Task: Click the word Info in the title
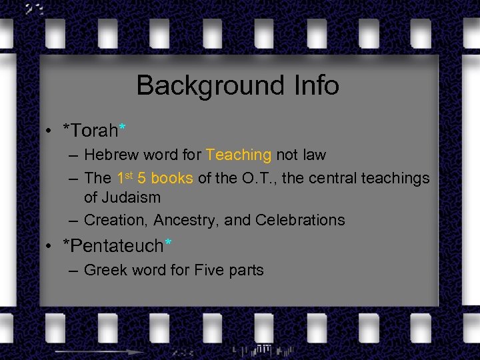pos(315,85)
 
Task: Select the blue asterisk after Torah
pos(122,124)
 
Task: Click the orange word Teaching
pos(239,155)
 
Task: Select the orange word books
pos(172,179)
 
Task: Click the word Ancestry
pos(189,220)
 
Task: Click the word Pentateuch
pos(117,246)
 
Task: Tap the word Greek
pos(105,270)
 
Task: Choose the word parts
pos(246,271)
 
